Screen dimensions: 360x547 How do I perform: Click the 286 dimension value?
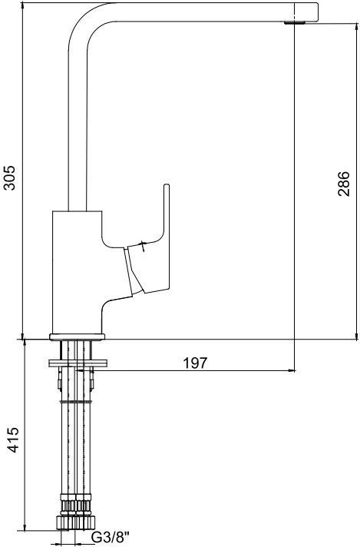[x=343, y=184]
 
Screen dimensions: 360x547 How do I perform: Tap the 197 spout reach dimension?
[x=195, y=363]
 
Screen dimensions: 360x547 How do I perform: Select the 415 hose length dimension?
[x=14, y=439]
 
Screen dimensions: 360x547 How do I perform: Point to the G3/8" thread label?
[x=110, y=537]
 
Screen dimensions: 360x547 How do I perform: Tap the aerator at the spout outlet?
[x=295, y=23]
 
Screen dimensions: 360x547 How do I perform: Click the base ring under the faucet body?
[x=77, y=337]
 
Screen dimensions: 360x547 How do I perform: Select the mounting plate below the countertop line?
[x=78, y=363]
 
